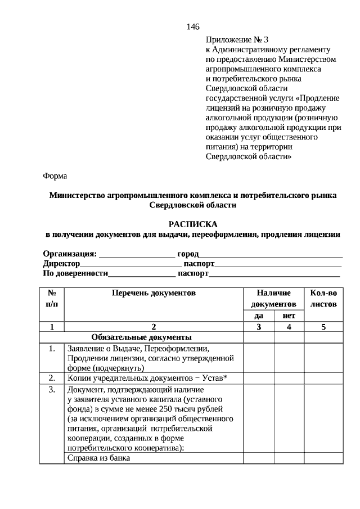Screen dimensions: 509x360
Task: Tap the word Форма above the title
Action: pos(55,176)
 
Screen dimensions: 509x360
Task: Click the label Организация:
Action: pos(70,254)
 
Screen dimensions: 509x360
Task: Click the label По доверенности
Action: pos(75,273)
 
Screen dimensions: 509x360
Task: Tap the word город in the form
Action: pos(188,254)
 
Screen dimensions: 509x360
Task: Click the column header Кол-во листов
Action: pos(323,299)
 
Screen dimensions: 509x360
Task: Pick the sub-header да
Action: pos(259,316)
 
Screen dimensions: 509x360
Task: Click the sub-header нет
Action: pos(289,316)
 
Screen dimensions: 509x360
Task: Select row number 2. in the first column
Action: pos(52,377)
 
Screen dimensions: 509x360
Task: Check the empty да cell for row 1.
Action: pos(259,358)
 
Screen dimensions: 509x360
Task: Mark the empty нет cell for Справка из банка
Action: pos(289,458)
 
